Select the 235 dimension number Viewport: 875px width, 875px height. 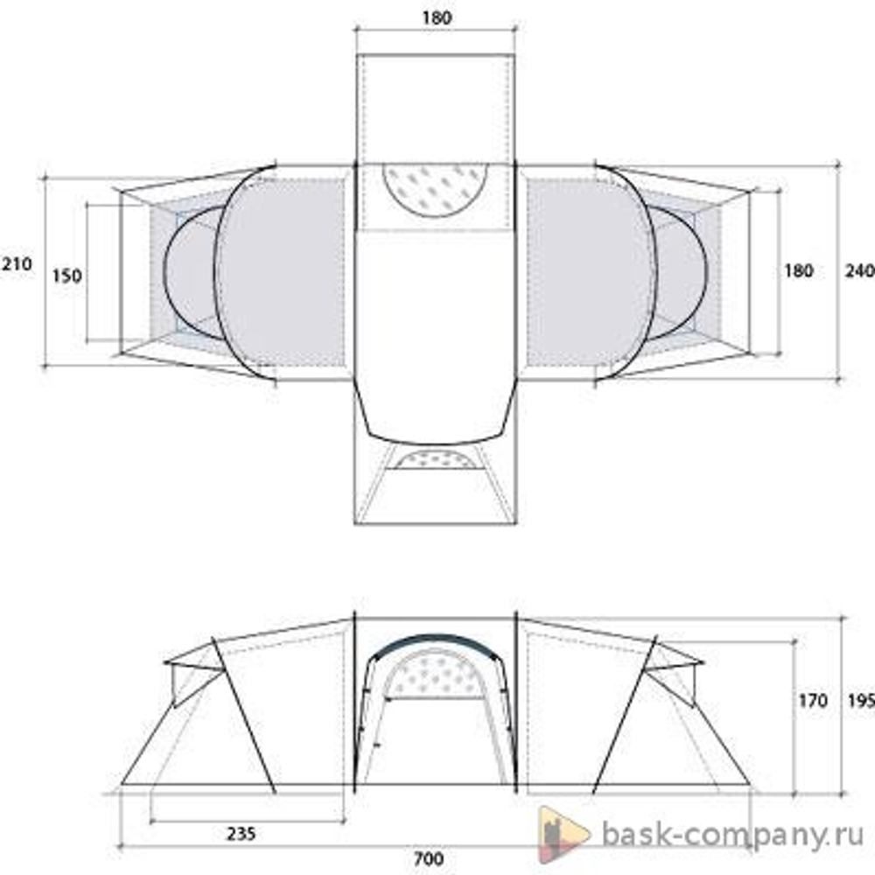240,834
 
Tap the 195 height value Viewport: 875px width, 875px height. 860,700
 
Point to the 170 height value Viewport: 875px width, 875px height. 813,700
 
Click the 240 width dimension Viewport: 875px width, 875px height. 860,271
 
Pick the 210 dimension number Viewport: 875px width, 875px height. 16,263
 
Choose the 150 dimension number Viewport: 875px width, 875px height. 66,276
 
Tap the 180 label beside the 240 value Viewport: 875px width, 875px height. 798,270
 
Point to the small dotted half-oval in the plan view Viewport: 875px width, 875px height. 435,458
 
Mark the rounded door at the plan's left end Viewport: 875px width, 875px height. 190,272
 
